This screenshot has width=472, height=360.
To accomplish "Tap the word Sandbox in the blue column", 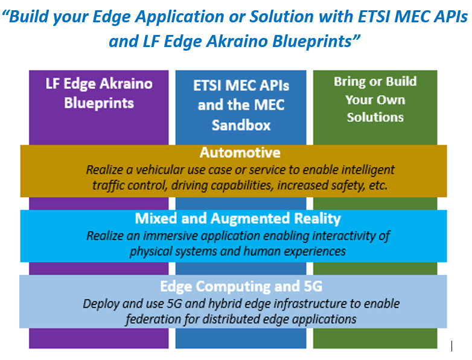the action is click(241, 125).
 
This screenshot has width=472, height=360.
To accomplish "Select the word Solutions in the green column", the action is click(375, 118).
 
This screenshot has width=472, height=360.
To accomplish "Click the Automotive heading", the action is click(240, 153).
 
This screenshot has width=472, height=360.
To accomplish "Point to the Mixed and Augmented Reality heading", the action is click(238, 218).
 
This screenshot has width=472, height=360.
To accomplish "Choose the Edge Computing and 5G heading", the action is click(241, 286).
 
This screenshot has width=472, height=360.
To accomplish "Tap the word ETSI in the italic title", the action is click(374, 16).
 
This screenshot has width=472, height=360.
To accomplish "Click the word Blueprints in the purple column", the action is click(99, 103).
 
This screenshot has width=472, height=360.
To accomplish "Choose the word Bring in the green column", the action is click(349, 82).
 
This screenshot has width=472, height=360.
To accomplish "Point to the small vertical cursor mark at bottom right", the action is click(452, 346).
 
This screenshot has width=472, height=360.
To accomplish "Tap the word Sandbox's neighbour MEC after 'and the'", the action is click(269, 105).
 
